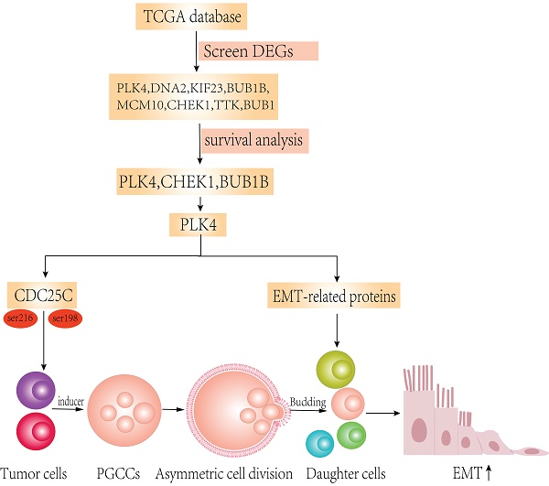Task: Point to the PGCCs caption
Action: [116, 473]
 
